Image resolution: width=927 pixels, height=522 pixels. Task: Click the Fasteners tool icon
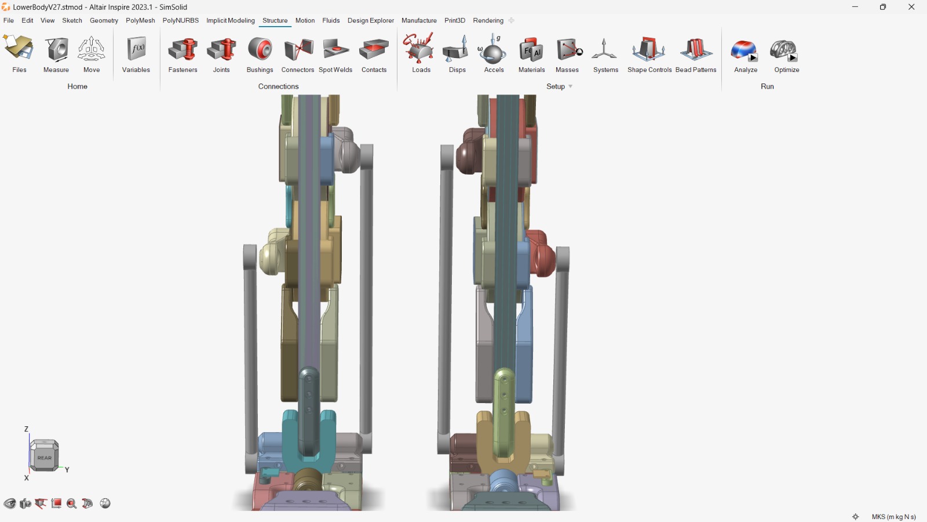pos(183,50)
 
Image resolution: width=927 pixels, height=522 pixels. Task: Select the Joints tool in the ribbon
pos(221,50)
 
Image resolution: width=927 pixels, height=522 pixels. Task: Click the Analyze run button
pos(744,50)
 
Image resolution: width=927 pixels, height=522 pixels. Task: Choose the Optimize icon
pos(783,50)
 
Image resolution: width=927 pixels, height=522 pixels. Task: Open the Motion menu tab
pos(305,20)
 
